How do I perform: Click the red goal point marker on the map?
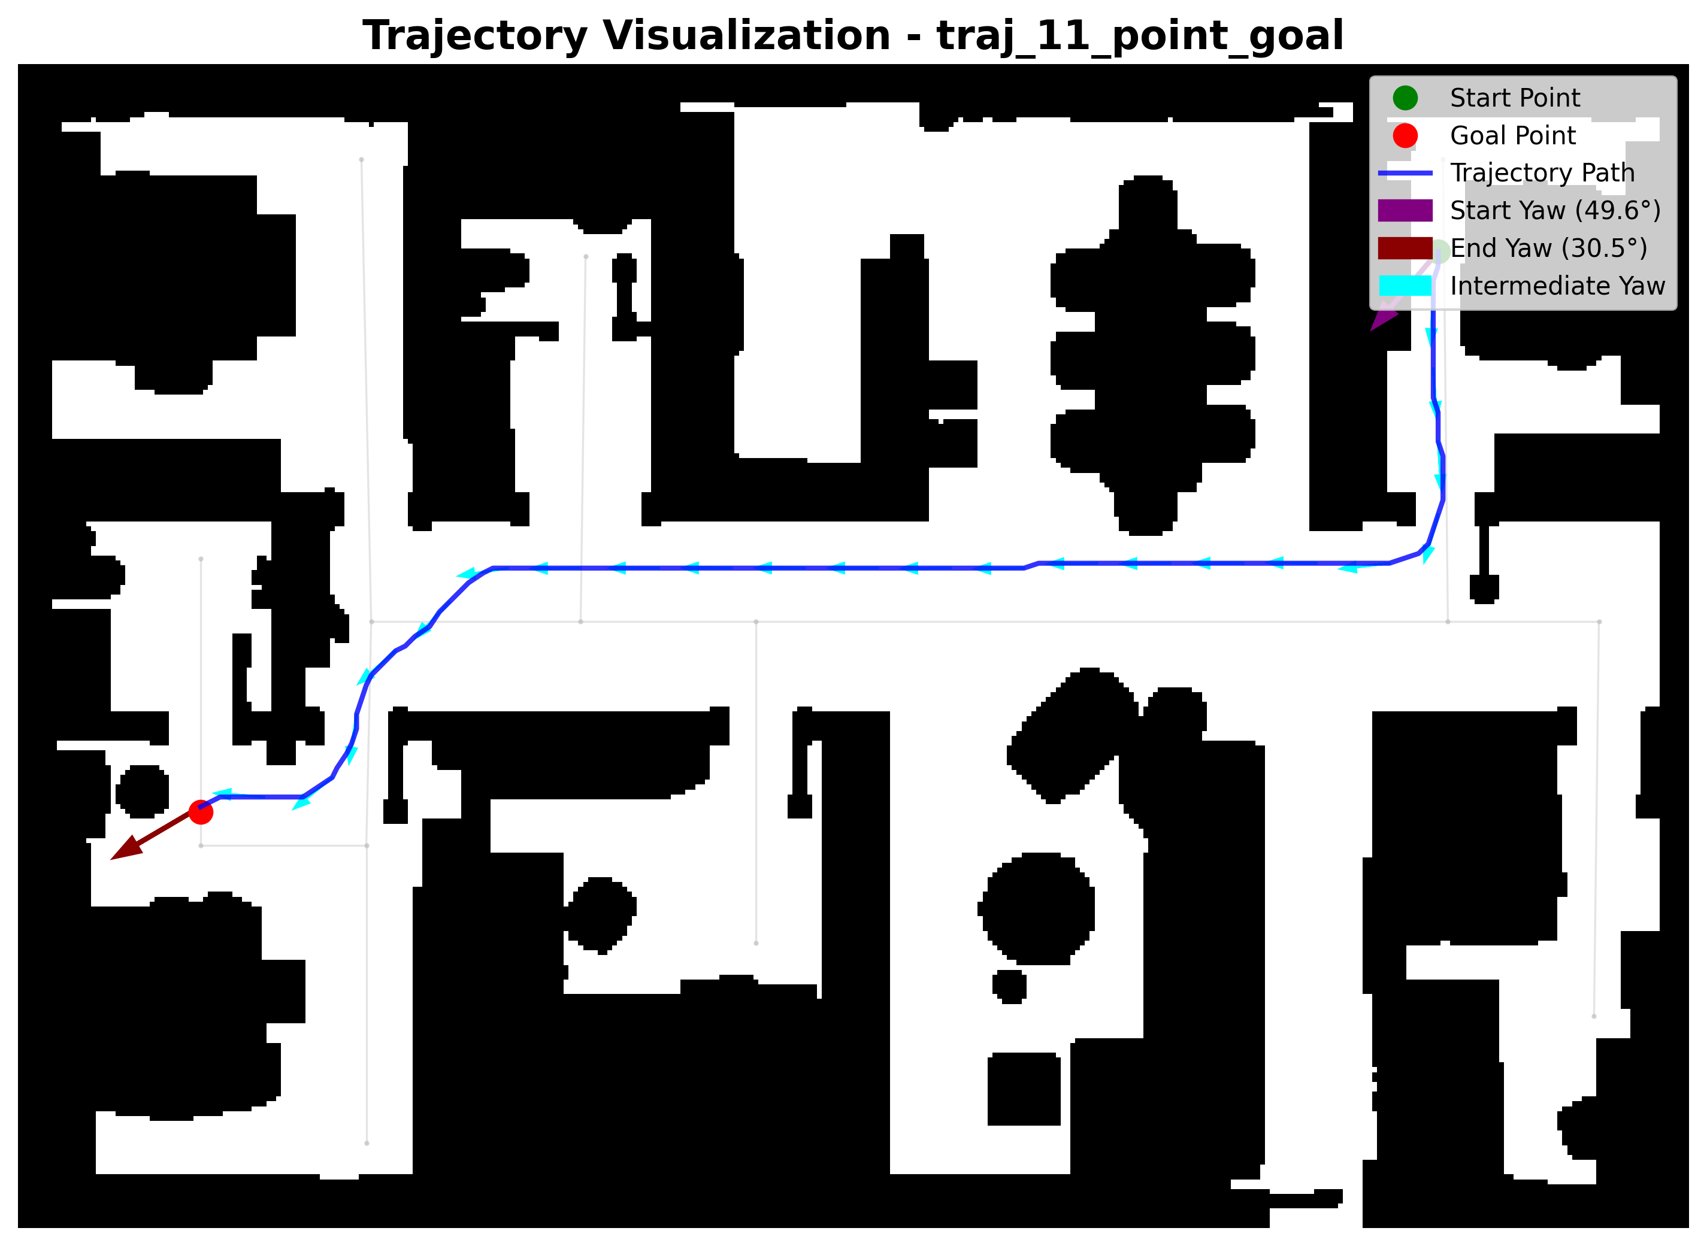coord(201,813)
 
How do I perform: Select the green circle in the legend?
coord(1405,97)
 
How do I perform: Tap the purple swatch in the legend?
coord(1405,210)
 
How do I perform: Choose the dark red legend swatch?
coord(1405,248)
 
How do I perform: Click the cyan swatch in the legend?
coord(1405,286)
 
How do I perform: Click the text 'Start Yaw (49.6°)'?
coord(1555,210)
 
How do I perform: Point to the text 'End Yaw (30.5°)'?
coord(1549,248)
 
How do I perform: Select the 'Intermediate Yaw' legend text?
coord(1558,286)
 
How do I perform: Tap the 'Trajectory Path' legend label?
coord(1542,174)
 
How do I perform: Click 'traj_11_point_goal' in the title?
coord(1140,36)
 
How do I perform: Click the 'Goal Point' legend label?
coord(1512,136)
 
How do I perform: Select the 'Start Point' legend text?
coord(1515,98)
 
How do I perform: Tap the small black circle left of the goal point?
coord(143,791)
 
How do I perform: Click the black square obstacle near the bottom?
coord(1024,1089)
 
